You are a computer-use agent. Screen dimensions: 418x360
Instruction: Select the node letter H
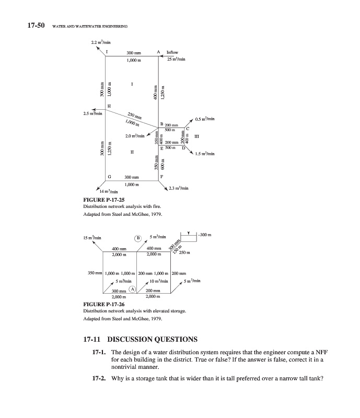109,106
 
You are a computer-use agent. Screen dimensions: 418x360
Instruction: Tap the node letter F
162,177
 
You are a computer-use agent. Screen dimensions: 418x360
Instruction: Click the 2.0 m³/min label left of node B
134,136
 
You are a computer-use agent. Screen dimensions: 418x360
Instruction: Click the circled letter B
138,237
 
